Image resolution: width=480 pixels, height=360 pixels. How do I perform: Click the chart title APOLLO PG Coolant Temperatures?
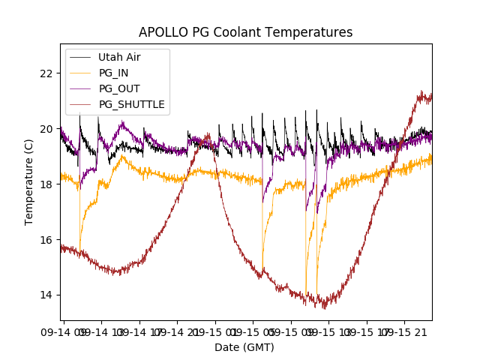point(245,32)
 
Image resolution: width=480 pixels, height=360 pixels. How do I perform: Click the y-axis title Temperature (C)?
point(29,181)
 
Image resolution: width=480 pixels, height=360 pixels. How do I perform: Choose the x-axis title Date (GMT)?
point(244,347)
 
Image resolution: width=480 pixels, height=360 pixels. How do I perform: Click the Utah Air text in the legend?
point(119,57)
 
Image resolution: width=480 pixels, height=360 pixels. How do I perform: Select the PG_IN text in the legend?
point(114,73)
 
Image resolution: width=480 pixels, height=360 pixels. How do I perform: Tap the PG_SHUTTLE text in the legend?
point(131,104)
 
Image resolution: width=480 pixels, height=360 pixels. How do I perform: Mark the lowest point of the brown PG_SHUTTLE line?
point(324,307)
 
